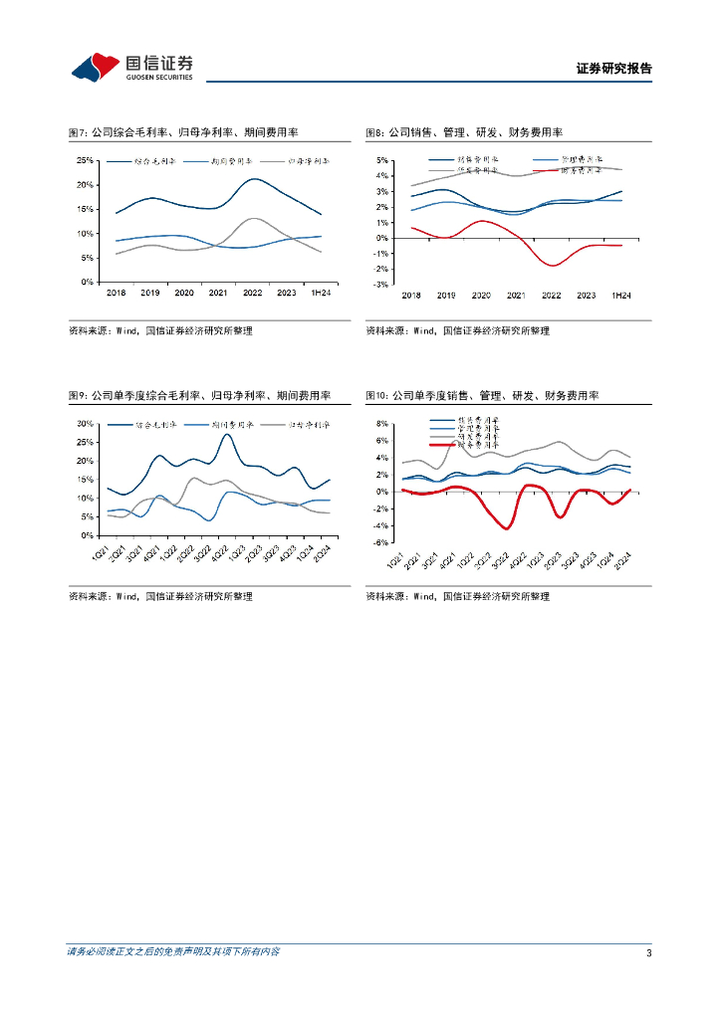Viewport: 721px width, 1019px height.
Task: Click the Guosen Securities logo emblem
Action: [95, 67]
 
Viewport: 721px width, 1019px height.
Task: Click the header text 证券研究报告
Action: [613, 69]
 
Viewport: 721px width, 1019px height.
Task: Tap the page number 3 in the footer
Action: [648, 952]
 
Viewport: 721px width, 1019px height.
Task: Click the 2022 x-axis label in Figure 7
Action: [253, 293]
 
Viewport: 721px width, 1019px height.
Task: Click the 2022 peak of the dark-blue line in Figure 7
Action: [254, 179]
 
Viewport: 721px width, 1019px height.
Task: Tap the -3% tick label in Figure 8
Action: [381, 285]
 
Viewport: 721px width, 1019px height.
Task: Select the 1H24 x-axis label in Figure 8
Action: [620, 296]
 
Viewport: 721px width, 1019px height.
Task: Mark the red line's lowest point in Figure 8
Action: [553, 265]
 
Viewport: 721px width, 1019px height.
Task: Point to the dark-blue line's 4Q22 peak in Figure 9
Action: [228, 435]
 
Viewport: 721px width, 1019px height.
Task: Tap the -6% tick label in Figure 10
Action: [381, 542]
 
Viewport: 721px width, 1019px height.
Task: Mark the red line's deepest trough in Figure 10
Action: [506, 527]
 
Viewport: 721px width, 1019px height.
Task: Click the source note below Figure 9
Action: [159, 596]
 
